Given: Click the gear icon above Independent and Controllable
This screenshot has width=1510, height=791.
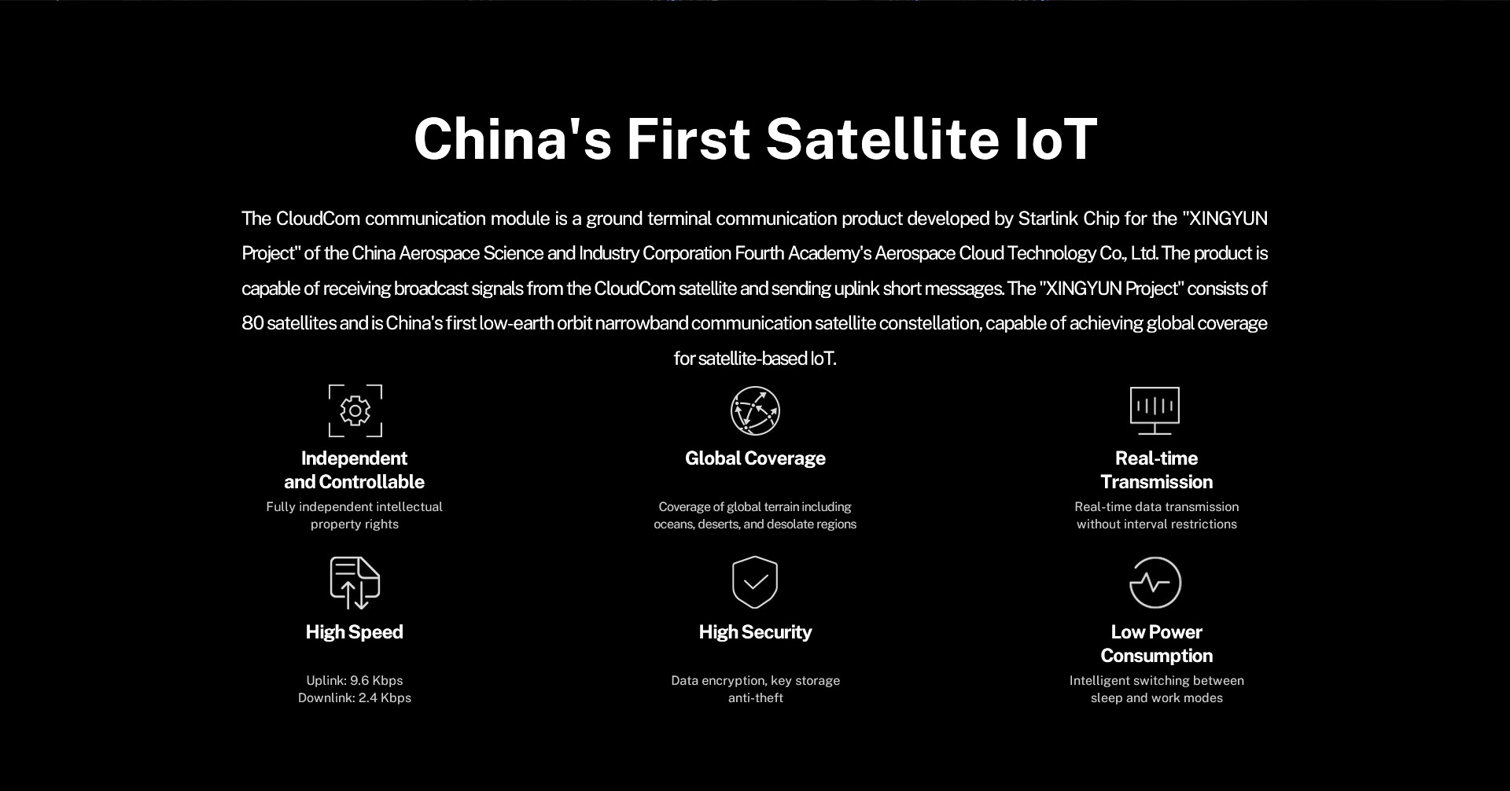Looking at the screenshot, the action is point(355,410).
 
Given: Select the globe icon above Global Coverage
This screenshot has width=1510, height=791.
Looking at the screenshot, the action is point(755,410).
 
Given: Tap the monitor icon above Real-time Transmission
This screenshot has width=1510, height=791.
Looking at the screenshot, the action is point(1155,410).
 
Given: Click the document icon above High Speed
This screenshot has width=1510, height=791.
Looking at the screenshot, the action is point(355,583).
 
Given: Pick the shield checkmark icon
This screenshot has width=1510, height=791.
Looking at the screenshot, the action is point(755,583).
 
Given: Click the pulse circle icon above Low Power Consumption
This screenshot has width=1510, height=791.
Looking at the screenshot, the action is point(1155,583).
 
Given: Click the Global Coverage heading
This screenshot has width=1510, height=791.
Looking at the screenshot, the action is point(755,458).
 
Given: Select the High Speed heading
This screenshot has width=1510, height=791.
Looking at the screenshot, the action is point(355,632).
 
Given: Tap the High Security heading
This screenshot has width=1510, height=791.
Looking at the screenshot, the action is point(755,632).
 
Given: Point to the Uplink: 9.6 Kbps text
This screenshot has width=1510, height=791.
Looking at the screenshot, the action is point(355,680).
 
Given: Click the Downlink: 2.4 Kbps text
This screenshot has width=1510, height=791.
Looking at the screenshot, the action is point(355,697).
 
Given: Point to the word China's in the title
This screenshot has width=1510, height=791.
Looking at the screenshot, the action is point(513,138).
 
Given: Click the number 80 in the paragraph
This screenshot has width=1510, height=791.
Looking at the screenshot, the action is point(252,323).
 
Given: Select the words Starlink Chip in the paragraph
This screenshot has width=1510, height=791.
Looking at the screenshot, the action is point(1068,219).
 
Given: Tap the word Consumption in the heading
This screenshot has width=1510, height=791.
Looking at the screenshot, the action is point(1157,656).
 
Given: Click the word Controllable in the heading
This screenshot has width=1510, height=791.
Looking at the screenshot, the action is point(371,482).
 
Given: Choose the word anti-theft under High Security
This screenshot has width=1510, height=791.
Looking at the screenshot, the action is point(756,697).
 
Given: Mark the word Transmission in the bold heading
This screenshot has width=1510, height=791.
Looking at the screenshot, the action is point(1157,482).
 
